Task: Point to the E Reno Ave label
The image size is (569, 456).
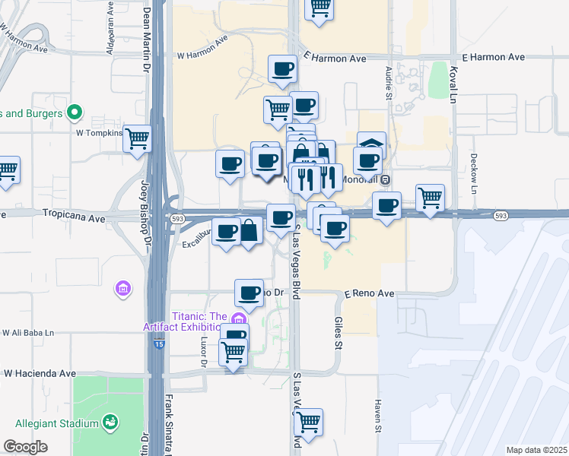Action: point(369,293)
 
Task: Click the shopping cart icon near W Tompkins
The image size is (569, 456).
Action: point(138,139)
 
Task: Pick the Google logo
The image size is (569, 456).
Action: point(25,447)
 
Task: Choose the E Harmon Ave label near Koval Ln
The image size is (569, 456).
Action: point(493,57)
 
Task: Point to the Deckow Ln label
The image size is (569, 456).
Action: point(473,175)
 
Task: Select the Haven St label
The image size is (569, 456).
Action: point(377,414)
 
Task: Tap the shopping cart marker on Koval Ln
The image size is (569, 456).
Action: point(431,198)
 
